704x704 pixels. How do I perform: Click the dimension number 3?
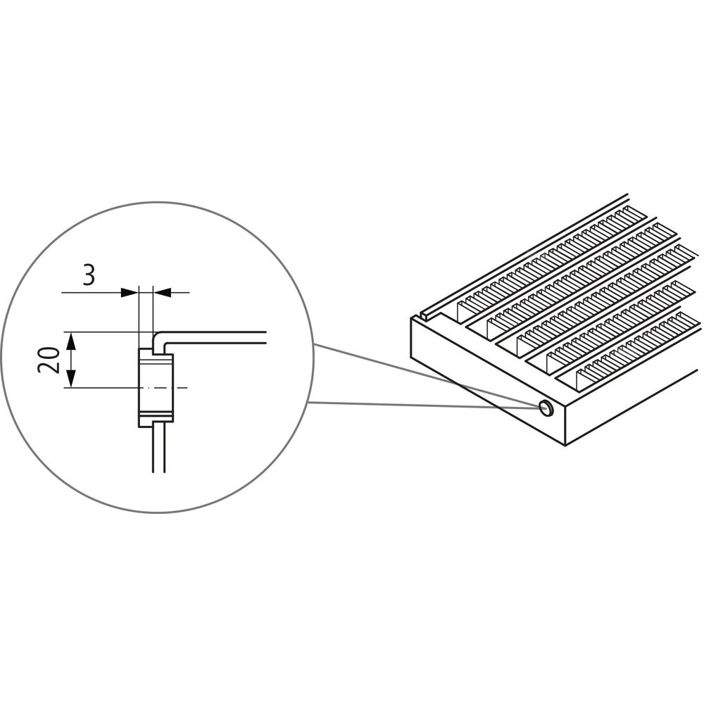coord(89,275)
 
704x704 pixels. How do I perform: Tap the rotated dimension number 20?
coord(49,359)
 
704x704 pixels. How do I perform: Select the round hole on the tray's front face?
coord(546,408)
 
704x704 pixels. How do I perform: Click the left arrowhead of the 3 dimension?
coord(130,293)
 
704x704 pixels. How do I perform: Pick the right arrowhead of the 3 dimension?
coord(163,293)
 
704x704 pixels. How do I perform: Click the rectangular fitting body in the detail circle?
coord(156,387)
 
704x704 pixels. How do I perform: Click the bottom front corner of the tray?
coord(565,446)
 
